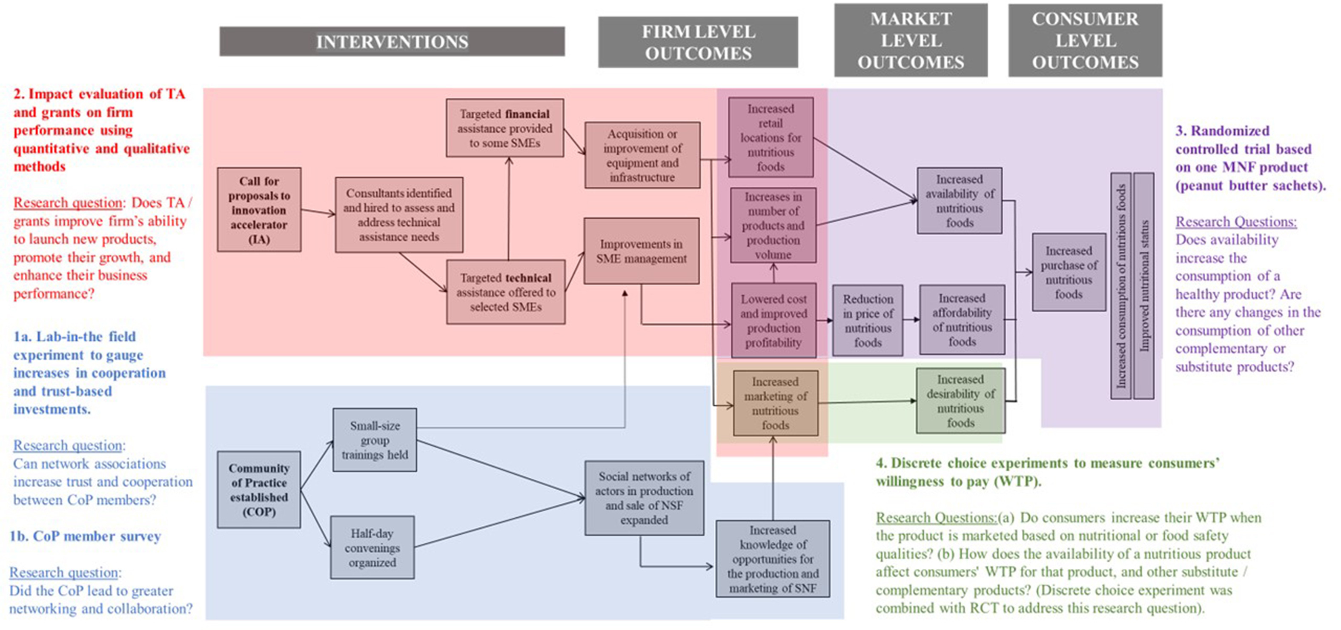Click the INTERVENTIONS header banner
[x=392, y=42]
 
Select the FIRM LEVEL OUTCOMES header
[x=698, y=42]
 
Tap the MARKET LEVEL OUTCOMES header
[x=911, y=40]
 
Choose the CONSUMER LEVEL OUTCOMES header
[x=1085, y=40]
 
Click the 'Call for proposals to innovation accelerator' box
[x=259, y=210]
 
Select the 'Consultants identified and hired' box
[x=399, y=215]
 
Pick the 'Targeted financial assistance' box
[x=504, y=128]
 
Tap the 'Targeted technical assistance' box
[x=505, y=292]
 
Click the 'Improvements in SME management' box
[x=642, y=251]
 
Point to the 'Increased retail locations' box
[x=771, y=137]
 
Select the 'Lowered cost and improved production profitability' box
[x=774, y=320]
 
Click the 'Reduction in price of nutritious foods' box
[x=867, y=320]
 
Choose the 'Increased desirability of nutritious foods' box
[x=960, y=401]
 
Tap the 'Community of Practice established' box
[x=259, y=490]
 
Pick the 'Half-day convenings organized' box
[x=372, y=547]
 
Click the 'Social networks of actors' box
[x=644, y=498]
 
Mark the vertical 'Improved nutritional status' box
[x=1144, y=286]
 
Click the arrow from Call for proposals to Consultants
[x=318, y=212]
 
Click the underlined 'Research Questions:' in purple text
[x=1236, y=222]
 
